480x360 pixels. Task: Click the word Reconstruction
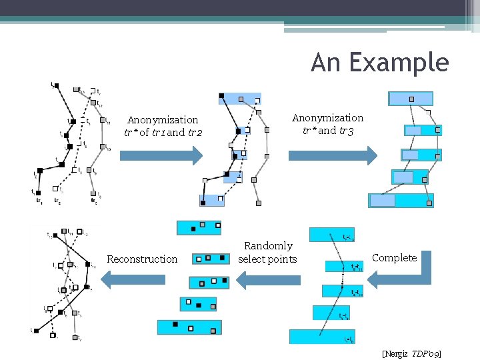(x=142, y=259)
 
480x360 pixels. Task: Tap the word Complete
(x=394, y=258)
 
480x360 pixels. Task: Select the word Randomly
(x=268, y=246)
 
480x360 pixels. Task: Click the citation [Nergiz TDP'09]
(x=411, y=353)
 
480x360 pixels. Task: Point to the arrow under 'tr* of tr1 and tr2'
(x=161, y=156)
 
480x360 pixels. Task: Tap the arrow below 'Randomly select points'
(x=269, y=280)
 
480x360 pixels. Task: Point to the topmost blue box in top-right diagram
(x=411, y=99)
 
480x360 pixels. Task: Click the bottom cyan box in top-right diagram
(x=401, y=201)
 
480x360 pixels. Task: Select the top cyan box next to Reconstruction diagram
(x=199, y=227)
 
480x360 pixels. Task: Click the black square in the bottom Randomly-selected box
(x=175, y=324)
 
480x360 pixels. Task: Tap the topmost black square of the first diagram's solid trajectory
(x=56, y=86)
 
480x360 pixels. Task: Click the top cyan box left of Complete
(x=332, y=235)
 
